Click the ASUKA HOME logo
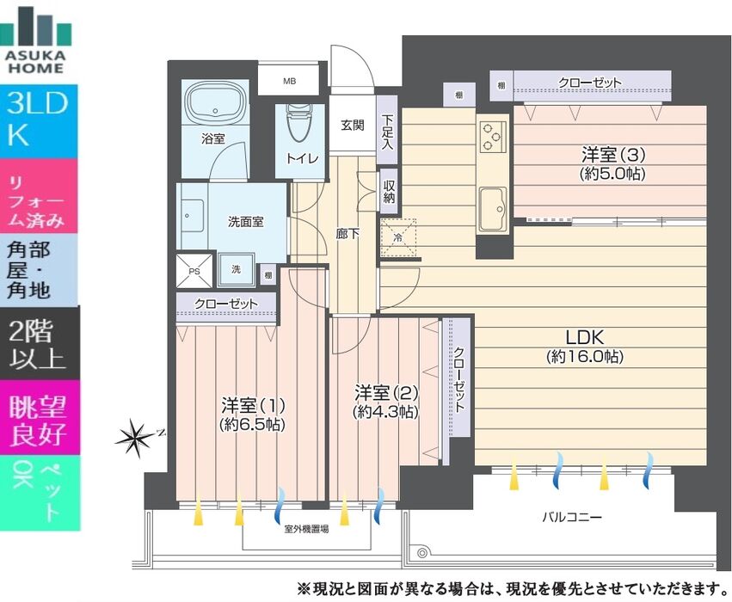click(x=35, y=40)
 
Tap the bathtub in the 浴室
click(x=215, y=105)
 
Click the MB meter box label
click(x=289, y=81)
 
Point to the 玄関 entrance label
click(x=352, y=125)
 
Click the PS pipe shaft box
click(x=194, y=271)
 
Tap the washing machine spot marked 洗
click(x=237, y=270)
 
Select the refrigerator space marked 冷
click(x=398, y=237)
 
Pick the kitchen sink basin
click(x=494, y=209)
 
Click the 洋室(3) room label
click(x=613, y=154)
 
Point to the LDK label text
click(x=584, y=337)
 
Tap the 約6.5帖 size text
click(x=252, y=425)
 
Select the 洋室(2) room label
click(x=386, y=392)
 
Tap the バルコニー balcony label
click(x=572, y=517)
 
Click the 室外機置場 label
click(x=306, y=529)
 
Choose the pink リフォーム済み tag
click(x=39, y=196)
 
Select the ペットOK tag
click(x=40, y=493)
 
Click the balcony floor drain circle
click(x=422, y=553)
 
